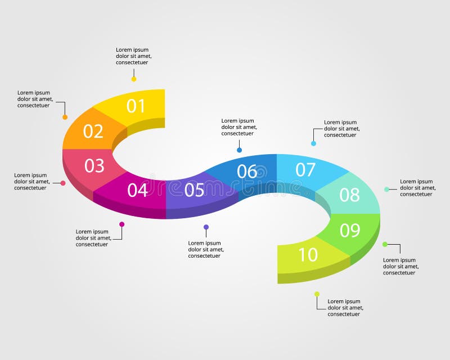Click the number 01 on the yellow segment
(136, 106)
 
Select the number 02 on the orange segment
(93, 131)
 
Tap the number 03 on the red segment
(94, 166)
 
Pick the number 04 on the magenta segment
(137, 190)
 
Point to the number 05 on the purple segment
(194, 190)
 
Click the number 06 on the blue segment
(247, 172)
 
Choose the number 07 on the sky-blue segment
(305, 169)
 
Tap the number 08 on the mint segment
(350, 195)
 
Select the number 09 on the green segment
(350, 230)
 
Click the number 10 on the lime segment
(308, 255)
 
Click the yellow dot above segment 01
(134, 79)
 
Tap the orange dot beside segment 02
(65, 117)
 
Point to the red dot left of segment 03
(63, 183)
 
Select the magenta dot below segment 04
(122, 224)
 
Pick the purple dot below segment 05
(206, 227)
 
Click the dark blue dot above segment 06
(240, 150)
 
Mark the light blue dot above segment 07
(314, 143)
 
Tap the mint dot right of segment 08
(386, 190)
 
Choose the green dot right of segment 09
(385, 244)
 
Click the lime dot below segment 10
(317, 294)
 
